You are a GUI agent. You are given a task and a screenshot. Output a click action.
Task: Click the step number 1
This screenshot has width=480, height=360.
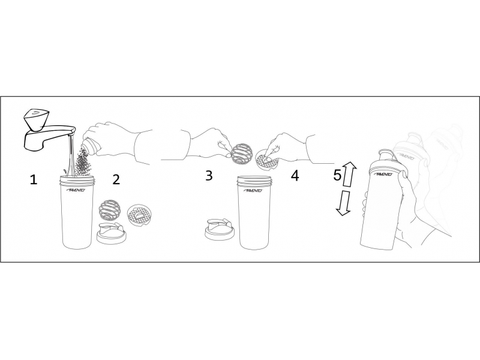[34, 179]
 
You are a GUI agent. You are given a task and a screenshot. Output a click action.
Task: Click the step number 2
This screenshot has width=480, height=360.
[116, 179]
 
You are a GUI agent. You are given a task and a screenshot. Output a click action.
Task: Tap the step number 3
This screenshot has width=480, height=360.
[209, 176]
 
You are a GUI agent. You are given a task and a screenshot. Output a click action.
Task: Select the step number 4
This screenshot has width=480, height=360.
[295, 176]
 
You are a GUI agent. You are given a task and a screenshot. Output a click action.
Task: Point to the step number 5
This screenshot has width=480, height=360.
[337, 175]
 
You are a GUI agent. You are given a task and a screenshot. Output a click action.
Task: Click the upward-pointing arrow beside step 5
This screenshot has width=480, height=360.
[349, 174]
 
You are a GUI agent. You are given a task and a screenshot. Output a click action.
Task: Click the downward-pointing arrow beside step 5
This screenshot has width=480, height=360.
[344, 203]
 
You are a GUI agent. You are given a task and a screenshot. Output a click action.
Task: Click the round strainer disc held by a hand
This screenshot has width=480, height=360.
[265, 160]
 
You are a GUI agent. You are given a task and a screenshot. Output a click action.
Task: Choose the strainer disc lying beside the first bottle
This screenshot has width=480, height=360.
[139, 215]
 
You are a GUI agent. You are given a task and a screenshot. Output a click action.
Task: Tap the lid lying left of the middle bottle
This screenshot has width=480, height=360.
[220, 229]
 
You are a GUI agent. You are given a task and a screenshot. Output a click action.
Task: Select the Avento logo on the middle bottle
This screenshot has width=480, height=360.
[253, 190]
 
